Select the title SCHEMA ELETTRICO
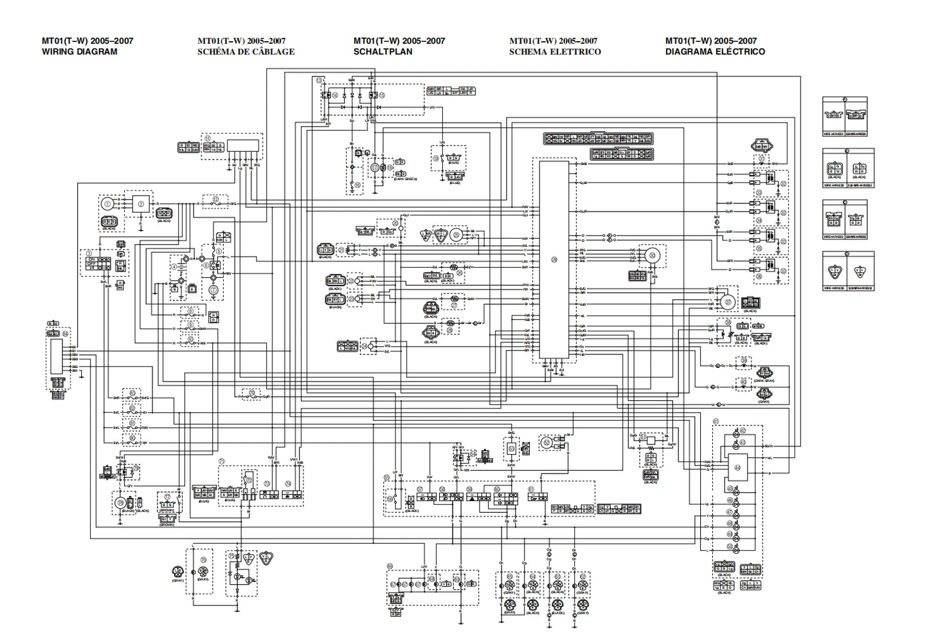555,51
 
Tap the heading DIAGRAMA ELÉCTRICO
715,51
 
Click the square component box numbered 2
139,204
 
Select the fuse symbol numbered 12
216,203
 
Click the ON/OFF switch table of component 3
94,263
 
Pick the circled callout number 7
213,290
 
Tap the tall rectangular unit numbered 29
554,259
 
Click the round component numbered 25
456,235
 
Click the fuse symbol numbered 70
250,395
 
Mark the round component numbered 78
119,502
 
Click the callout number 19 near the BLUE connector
435,158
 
